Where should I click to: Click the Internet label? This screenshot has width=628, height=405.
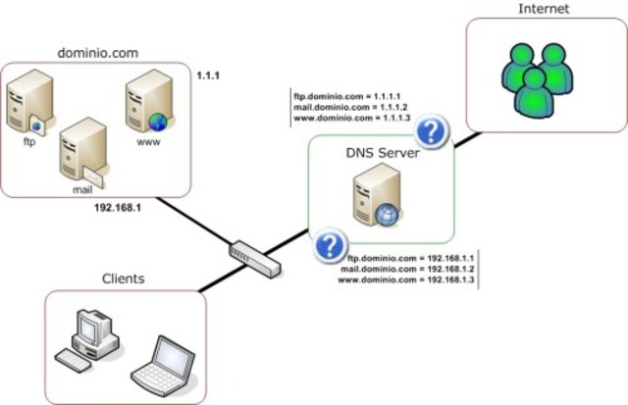pos(543,9)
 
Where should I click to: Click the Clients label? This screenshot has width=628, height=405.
pos(124,278)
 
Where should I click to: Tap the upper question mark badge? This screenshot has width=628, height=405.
pos(431,130)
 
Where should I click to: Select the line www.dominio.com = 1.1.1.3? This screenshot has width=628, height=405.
pos(352,119)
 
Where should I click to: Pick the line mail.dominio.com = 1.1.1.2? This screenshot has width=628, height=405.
pos(352,108)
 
